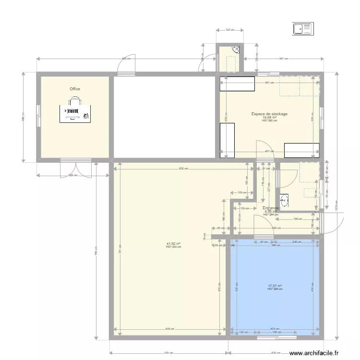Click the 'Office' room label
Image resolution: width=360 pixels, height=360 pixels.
pos(75,89)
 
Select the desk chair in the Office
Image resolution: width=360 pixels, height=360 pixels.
pos(75,101)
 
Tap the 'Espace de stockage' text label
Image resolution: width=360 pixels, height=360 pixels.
pos(269,114)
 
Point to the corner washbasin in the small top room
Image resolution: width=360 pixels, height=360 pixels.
pos(236,48)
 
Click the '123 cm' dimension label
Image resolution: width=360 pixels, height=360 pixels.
pos(230,30)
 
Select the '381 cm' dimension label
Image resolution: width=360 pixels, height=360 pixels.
pos(283,59)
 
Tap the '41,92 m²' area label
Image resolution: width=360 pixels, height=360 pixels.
pos(173,244)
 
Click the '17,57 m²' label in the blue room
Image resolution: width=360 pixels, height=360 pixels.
pos(275,286)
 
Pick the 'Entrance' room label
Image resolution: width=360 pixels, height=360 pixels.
pos(270,208)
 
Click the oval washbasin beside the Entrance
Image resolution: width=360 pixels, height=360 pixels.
pos(284,200)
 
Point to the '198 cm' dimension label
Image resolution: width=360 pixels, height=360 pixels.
pos(298,218)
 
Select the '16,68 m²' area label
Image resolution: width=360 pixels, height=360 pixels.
pos(269,118)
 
